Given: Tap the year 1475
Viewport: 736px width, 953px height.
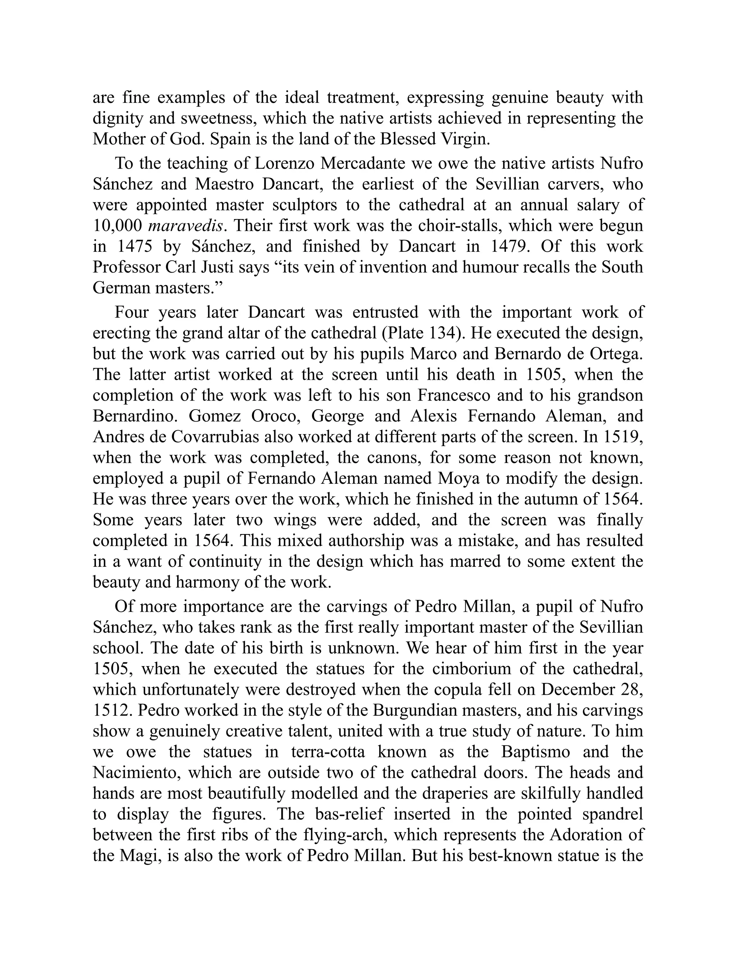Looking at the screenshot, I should click(135, 247).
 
